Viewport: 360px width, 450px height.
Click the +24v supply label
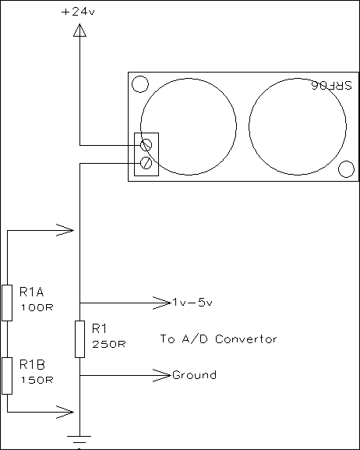[x=78, y=12]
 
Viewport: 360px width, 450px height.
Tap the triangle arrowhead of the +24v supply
[x=79, y=30]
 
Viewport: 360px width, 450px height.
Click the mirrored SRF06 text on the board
[x=332, y=85]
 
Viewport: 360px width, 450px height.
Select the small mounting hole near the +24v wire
[x=140, y=84]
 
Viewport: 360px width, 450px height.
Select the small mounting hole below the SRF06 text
[x=346, y=169]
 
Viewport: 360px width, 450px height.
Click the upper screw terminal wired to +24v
[x=146, y=145]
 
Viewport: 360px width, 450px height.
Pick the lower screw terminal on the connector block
[x=146, y=163]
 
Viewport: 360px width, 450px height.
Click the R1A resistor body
[x=7, y=303]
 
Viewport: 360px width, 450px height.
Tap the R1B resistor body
[x=7, y=376]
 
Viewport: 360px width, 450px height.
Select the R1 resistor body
[x=79, y=339]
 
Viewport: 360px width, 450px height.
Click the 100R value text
[x=37, y=307]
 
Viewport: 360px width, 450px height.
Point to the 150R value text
[x=37, y=381]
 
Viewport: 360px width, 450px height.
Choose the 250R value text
[x=109, y=344]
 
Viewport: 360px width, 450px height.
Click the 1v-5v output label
[x=192, y=303]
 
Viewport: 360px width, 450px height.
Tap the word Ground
[x=195, y=375]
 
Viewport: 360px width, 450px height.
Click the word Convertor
[x=245, y=339]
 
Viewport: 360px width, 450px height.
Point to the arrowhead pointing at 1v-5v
[x=162, y=303]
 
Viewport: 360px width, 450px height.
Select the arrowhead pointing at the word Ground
[x=162, y=375]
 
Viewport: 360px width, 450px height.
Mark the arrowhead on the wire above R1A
[x=65, y=230]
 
